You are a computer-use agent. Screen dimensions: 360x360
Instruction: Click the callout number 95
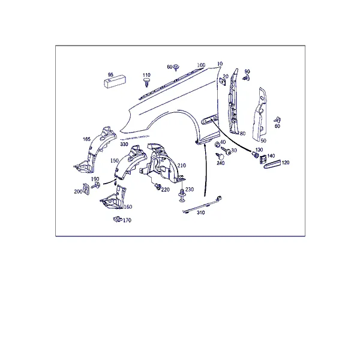click(x=110, y=74)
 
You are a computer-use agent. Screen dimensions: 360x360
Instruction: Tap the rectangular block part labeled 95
click(x=115, y=82)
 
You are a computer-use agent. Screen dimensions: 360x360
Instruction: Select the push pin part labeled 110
click(x=146, y=82)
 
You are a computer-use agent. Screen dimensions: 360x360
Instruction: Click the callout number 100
click(x=201, y=65)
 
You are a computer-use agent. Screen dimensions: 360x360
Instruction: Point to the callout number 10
click(x=220, y=64)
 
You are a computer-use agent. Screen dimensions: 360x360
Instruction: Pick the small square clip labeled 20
click(x=222, y=81)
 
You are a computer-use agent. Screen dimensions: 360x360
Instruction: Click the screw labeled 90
click(x=246, y=78)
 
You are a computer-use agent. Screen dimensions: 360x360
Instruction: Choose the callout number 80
click(x=242, y=133)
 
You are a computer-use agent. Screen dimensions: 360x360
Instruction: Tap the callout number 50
click(x=263, y=140)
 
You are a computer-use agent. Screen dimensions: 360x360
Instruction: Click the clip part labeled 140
click(x=263, y=159)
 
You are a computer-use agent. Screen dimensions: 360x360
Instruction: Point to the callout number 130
click(x=259, y=149)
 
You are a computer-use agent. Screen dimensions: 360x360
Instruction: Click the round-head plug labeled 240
click(x=220, y=157)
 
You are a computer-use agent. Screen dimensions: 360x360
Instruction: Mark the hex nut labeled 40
click(x=217, y=145)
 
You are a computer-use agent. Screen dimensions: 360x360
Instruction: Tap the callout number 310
click(x=200, y=212)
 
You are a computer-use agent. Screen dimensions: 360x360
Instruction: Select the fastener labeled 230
click(x=182, y=196)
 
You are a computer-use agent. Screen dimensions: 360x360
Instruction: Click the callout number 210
click(x=182, y=166)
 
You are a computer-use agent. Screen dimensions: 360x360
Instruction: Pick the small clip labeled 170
click(x=118, y=219)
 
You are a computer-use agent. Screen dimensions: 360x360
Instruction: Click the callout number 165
click(x=86, y=139)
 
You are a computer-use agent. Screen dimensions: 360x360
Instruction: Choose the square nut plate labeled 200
click(x=86, y=189)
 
